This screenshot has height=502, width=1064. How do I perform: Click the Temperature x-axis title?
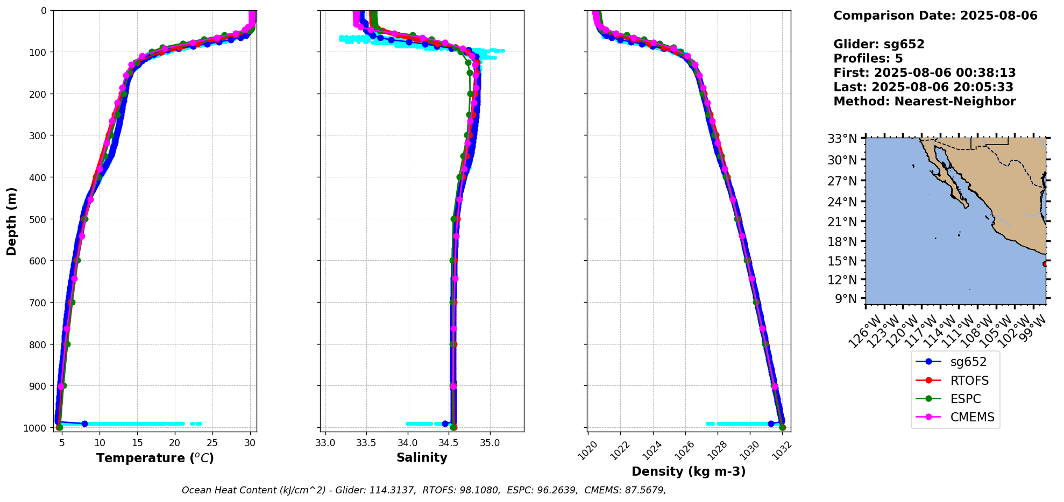(x=155, y=458)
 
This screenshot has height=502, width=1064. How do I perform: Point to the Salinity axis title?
(x=422, y=458)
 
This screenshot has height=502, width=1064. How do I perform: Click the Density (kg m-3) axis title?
(x=689, y=471)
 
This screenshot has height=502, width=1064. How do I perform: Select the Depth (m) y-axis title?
(x=12, y=221)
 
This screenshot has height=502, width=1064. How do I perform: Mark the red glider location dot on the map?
(x=1045, y=264)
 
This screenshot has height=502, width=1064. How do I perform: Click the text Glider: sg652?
(x=879, y=44)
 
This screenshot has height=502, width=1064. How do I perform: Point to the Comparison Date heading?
(x=935, y=16)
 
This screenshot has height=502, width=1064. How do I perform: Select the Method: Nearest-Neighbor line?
(x=924, y=101)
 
